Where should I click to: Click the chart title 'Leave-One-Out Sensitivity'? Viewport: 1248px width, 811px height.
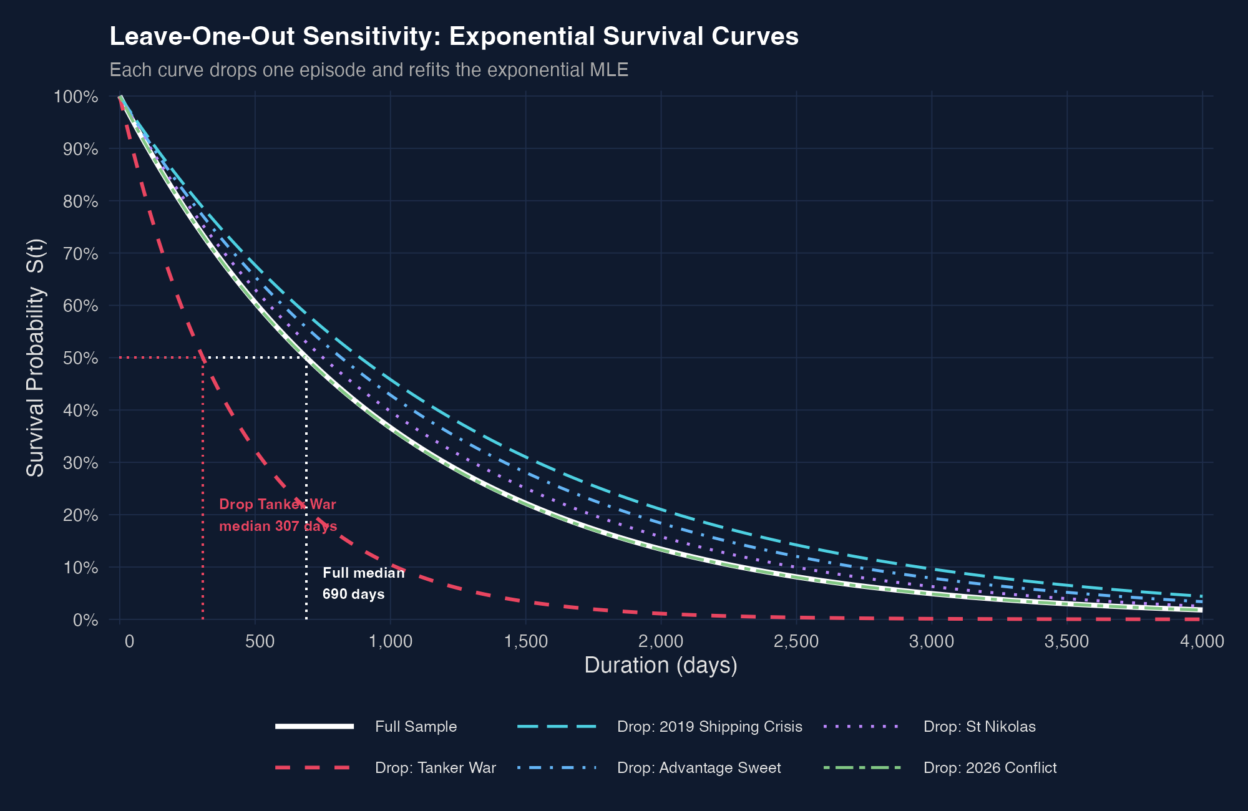[x=454, y=36]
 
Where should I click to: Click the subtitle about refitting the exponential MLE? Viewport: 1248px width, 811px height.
[x=369, y=70]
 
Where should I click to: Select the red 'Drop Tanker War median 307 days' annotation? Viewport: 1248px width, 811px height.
[x=278, y=515]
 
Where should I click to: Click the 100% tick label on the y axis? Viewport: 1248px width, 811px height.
[x=76, y=97]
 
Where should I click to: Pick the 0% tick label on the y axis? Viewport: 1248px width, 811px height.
[x=85, y=620]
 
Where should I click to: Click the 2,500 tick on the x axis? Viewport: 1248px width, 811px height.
[x=796, y=641]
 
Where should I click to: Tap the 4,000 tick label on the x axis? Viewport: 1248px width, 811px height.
[x=1202, y=641]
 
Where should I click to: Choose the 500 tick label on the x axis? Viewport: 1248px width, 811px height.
[x=260, y=641]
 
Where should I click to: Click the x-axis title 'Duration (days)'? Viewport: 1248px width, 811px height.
[x=661, y=665]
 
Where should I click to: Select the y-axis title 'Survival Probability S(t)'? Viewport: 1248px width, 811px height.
[x=36, y=357]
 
